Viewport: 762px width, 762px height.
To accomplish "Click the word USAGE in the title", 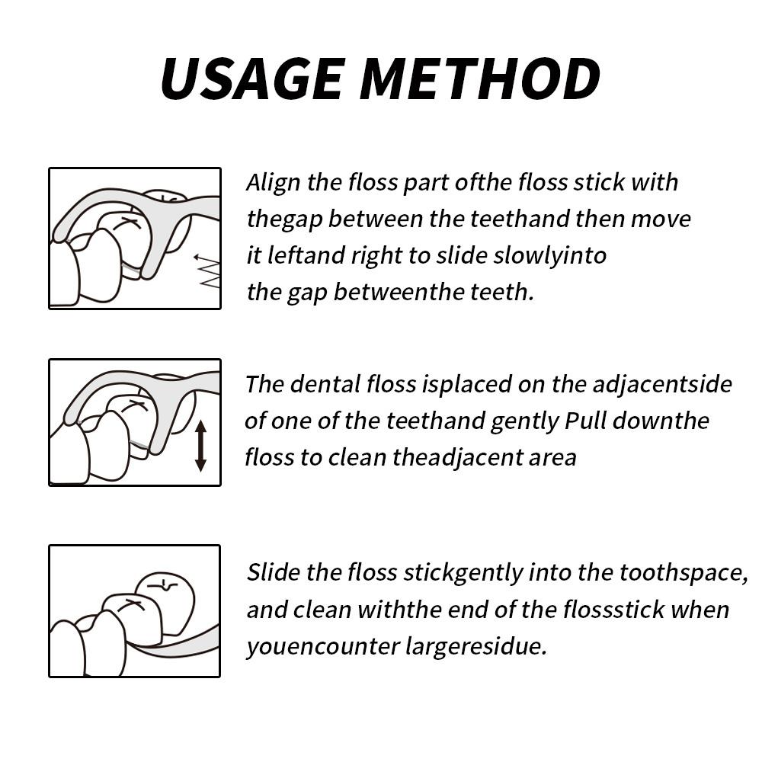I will (x=252, y=78).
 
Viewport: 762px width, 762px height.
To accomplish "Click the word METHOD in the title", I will (x=481, y=78).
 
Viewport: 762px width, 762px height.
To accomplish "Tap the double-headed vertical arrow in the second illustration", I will (x=200, y=446).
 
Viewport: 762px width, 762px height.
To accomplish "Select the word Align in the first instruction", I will (x=273, y=183).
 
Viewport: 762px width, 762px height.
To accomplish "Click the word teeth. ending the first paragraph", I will (x=507, y=292).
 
